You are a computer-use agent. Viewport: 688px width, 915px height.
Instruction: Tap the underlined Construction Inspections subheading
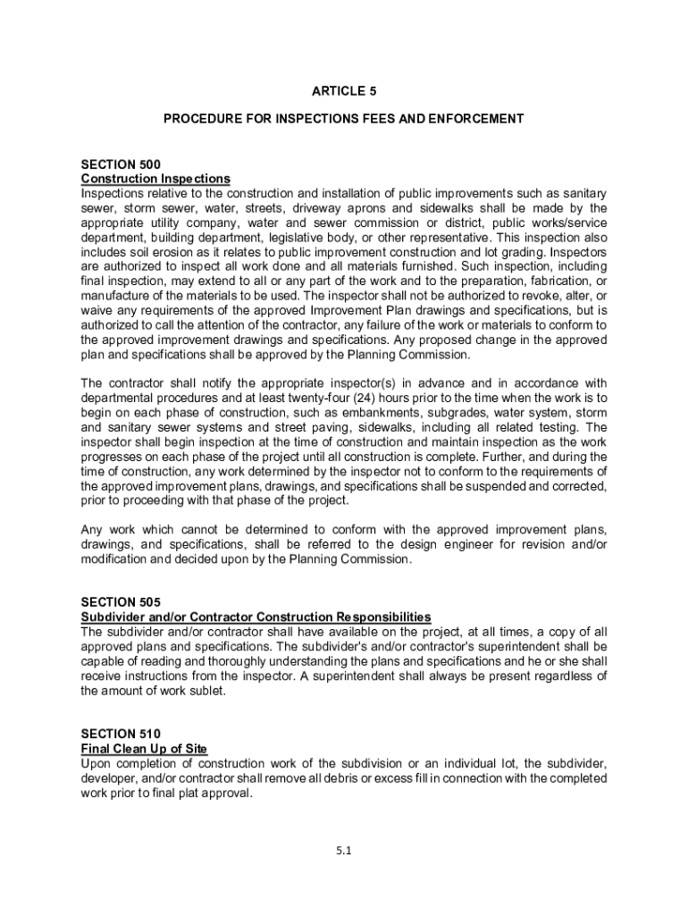tap(155, 179)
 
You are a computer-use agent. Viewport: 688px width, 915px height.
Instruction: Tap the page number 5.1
tap(344, 851)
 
